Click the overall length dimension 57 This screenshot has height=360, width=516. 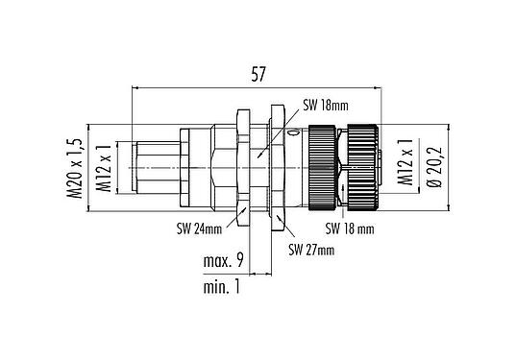click(257, 72)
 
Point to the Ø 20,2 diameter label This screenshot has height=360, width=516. click(433, 164)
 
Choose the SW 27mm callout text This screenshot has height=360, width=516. click(311, 251)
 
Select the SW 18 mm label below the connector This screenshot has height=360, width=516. click(349, 228)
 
